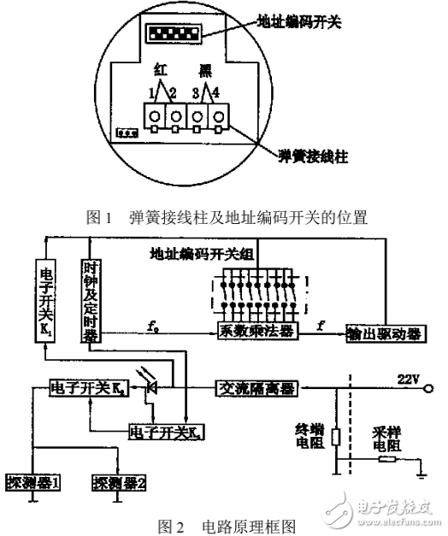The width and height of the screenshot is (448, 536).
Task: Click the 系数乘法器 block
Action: tap(253, 331)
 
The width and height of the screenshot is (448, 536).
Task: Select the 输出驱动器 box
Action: tap(386, 331)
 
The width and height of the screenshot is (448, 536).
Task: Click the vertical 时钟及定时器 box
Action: tap(91, 301)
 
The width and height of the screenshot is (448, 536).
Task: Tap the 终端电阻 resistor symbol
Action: tap(335, 437)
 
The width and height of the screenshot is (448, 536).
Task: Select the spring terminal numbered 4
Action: tap(221, 115)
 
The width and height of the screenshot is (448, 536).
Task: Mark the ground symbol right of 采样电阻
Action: tap(419, 468)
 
